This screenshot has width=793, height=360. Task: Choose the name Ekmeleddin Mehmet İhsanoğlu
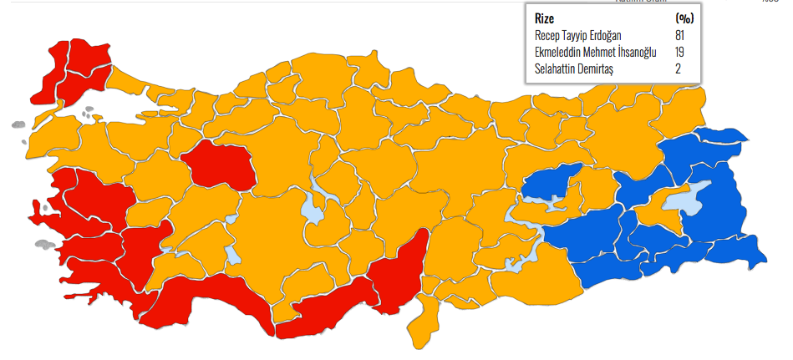point(595,53)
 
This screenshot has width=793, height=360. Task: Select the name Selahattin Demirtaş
point(574,69)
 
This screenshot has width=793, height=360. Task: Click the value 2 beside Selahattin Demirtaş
point(679,69)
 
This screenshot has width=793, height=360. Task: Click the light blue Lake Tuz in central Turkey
point(314,206)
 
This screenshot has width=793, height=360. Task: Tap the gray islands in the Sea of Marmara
point(89,109)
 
